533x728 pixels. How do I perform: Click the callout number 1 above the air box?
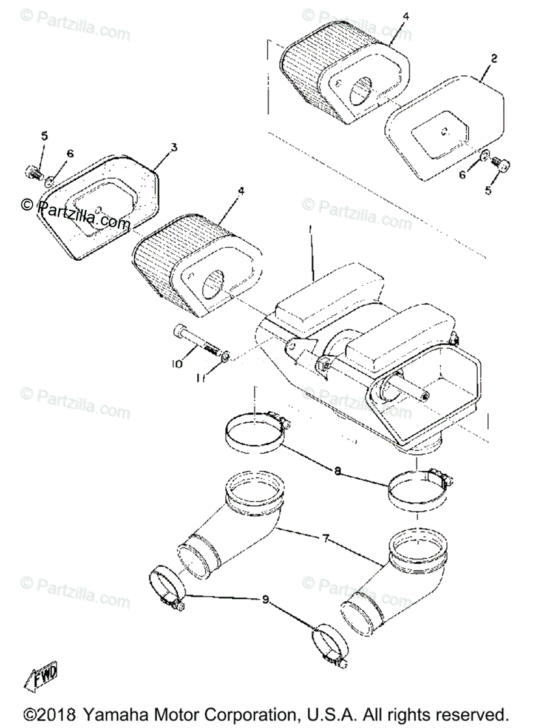[310, 231]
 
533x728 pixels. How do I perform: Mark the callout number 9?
[265, 599]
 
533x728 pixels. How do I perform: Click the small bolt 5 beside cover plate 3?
[34, 172]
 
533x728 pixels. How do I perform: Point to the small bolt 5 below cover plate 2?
[502, 162]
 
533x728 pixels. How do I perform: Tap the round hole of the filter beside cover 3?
[210, 281]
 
